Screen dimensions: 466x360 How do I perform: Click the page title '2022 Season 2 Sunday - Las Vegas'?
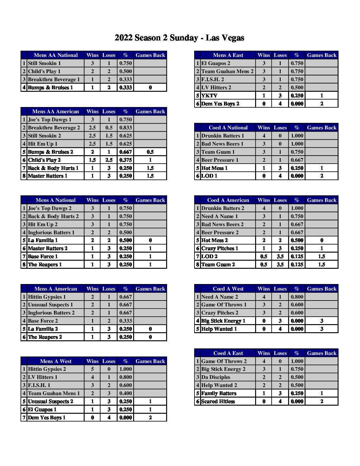(179, 38)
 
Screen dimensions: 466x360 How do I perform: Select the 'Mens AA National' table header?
(55, 55)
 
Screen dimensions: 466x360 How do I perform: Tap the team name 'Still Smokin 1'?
(44, 63)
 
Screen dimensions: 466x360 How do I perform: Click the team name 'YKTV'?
(209, 96)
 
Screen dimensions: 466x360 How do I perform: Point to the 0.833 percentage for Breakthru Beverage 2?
(125, 128)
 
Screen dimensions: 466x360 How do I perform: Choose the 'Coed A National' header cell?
(228, 128)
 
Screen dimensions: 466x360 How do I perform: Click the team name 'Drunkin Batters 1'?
(222, 136)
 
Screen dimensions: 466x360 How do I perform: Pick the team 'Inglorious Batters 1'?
(51, 232)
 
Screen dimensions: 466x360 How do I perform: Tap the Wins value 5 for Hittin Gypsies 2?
(92, 369)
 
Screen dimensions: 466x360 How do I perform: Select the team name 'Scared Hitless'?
(218, 401)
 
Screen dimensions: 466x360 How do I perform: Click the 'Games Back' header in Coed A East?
(321, 353)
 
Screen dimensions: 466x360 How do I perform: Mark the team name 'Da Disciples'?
(216, 377)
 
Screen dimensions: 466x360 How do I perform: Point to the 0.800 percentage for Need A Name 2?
(297, 297)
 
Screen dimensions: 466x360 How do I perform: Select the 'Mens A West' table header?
(55, 361)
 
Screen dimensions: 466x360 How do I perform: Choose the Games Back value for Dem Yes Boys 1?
(150, 417)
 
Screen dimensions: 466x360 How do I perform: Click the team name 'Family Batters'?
(219, 393)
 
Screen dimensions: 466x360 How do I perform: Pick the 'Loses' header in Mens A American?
(109, 289)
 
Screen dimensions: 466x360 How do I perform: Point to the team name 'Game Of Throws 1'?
(224, 305)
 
